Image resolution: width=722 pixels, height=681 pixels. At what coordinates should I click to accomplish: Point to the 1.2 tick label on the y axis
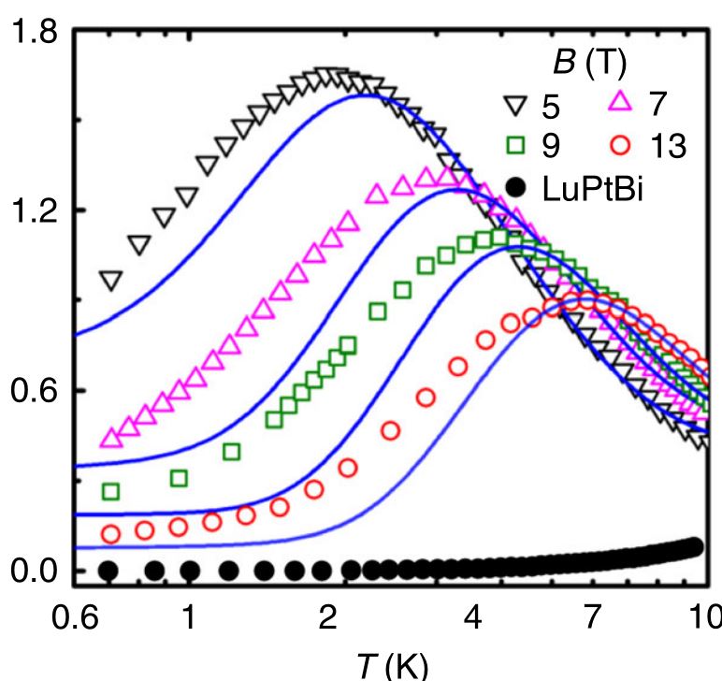[x=31, y=210]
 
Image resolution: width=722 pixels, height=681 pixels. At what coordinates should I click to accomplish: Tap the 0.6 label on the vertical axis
[x=31, y=390]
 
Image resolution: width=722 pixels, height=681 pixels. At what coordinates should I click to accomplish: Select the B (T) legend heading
[x=585, y=64]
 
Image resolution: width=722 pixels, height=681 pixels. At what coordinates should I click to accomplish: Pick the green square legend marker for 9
[x=511, y=146]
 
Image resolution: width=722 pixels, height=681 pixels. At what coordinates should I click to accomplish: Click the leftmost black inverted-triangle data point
[x=110, y=280]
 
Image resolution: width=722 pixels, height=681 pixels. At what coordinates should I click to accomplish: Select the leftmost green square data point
[x=110, y=491]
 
